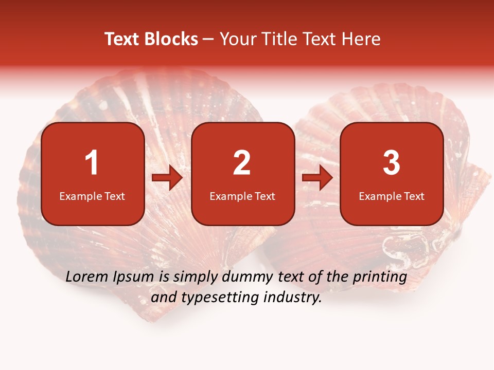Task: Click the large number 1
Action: tap(92, 163)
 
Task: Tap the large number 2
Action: tap(242, 163)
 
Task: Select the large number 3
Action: tap(392, 163)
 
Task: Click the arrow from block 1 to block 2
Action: tap(167, 178)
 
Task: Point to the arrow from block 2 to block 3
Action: tap(317, 178)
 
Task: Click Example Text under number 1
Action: tap(92, 196)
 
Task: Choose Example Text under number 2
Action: tap(242, 196)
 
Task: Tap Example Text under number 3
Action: tap(392, 196)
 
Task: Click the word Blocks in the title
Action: tap(170, 39)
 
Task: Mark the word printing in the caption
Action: tap(380, 278)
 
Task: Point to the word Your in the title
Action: tap(235, 39)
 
